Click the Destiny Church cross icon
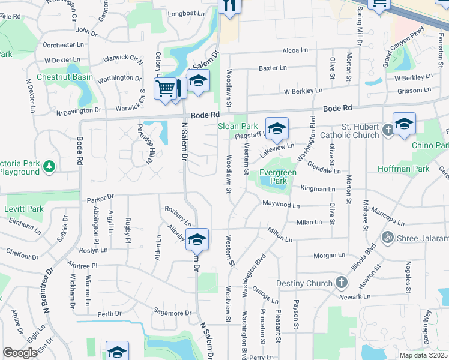pyautogui.click(x=341, y=283)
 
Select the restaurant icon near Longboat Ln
pyautogui.click(x=229, y=6)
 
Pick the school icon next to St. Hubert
pyautogui.click(x=404, y=123)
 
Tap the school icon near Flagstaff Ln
pyautogui.click(x=276, y=128)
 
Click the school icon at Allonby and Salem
pyautogui.click(x=197, y=239)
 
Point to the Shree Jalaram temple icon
pyautogui.click(x=388, y=236)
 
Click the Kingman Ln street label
pyautogui.click(x=318, y=189)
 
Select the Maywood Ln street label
pyautogui.click(x=281, y=205)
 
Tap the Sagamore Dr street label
pyautogui.click(x=172, y=313)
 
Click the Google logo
pyautogui.click(x=20, y=353)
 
